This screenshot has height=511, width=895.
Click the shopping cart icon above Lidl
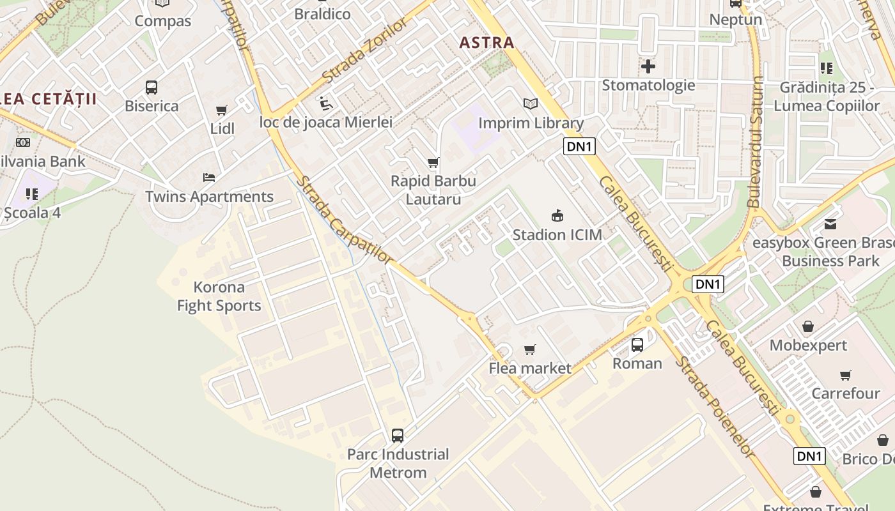222,111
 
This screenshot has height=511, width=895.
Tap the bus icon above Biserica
152,88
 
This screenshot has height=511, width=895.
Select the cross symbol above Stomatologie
648,66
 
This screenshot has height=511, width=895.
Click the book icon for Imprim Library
530,103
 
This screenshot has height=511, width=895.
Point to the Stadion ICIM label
557,235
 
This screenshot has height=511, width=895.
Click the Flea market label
529,369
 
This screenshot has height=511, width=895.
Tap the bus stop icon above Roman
637,345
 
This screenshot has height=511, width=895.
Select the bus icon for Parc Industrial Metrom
398,436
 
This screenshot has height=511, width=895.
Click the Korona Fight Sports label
219,296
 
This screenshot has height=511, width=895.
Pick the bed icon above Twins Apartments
209,178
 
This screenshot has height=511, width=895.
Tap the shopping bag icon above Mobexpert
808,327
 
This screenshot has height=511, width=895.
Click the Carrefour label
845,393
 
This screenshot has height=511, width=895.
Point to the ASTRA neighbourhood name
486,43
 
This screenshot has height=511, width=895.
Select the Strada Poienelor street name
715,406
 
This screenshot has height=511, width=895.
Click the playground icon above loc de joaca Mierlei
325,103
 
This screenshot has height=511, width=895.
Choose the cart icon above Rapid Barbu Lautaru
433,163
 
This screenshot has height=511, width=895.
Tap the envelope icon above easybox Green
830,224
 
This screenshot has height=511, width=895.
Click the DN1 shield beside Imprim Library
580,147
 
